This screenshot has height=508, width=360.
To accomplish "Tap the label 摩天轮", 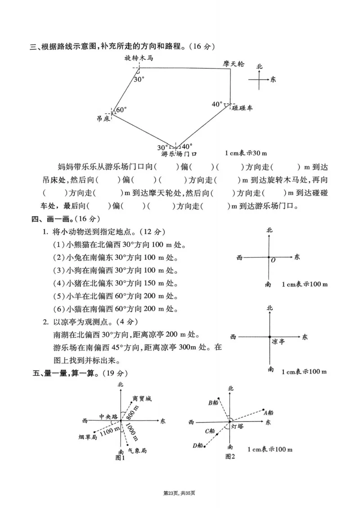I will [x=234, y=64].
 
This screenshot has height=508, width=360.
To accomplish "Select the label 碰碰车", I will [x=243, y=108].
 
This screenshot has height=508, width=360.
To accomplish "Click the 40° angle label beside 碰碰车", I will [x=218, y=104].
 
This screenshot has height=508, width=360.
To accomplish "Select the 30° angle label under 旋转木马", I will [x=139, y=80].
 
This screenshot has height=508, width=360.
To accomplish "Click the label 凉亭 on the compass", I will [x=279, y=342].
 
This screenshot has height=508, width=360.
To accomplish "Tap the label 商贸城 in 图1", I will [x=142, y=399].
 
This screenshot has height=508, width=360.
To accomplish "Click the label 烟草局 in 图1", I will [x=88, y=437].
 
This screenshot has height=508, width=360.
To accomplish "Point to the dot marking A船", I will [x=264, y=409].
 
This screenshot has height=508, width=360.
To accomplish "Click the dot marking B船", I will [x=219, y=398].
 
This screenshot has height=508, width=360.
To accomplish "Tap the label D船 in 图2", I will [x=198, y=446].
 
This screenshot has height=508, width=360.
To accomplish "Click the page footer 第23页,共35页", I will [x=180, y=494].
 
